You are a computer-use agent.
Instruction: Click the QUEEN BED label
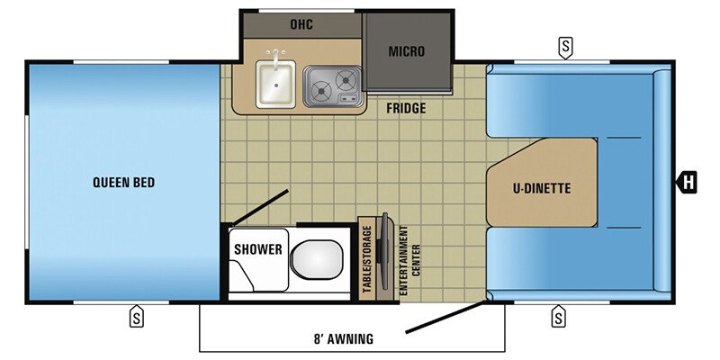point(123,183)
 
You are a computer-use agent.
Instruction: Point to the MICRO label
point(406,51)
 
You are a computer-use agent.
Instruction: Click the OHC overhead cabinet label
point(301,23)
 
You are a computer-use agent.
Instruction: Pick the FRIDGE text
point(406,109)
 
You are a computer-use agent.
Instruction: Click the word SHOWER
point(258,248)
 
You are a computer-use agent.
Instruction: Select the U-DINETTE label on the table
point(543,188)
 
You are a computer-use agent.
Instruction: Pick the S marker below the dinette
point(558,316)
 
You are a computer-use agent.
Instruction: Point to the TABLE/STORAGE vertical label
point(367,258)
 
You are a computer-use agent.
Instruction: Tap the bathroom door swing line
point(259,208)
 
